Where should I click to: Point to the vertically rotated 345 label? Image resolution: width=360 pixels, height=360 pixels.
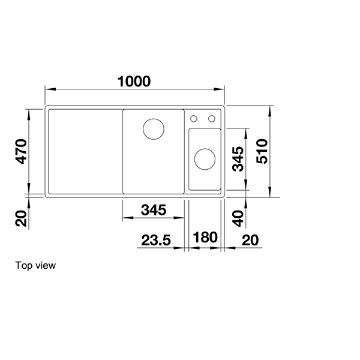[238, 160]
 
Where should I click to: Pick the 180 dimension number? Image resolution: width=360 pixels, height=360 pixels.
[205, 237]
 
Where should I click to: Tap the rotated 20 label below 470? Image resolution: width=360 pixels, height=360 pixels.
[22, 219]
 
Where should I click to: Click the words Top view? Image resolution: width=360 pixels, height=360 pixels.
[35, 265]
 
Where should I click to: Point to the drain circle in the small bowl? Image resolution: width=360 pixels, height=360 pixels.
[205, 160]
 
